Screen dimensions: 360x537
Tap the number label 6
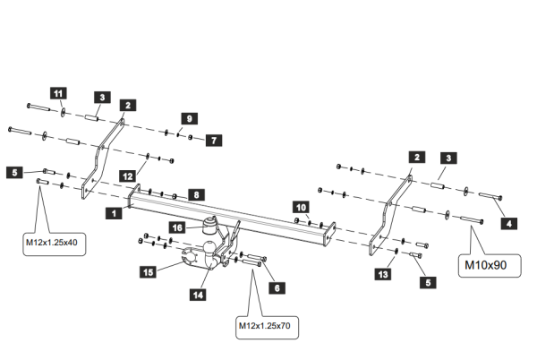[x=277, y=288]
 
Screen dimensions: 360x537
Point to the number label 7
[x=215, y=141]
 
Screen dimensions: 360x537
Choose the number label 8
[x=197, y=193]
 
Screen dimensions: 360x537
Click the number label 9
[x=188, y=118]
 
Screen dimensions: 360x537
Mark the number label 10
[x=301, y=206]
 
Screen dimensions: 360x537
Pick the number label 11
[x=58, y=93]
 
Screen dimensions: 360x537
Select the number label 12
[x=128, y=176]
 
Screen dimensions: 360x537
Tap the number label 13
[x=383, y=275]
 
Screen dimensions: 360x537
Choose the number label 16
[x=178, y=227]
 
